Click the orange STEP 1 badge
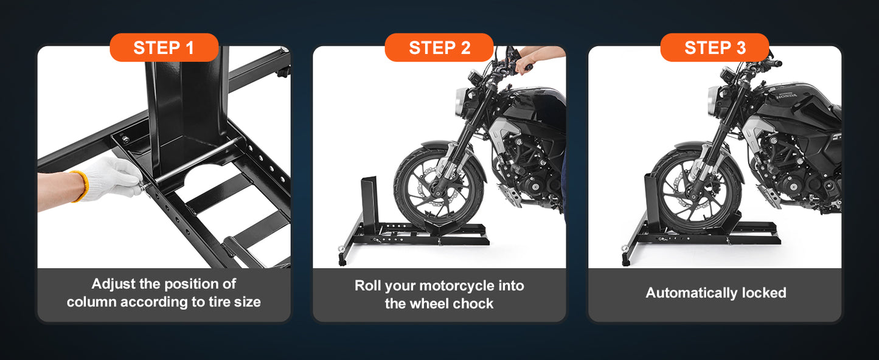click(164, 47)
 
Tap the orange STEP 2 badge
click(439, 47)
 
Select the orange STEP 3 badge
click(715, 47)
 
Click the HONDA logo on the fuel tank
click(787, 95)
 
